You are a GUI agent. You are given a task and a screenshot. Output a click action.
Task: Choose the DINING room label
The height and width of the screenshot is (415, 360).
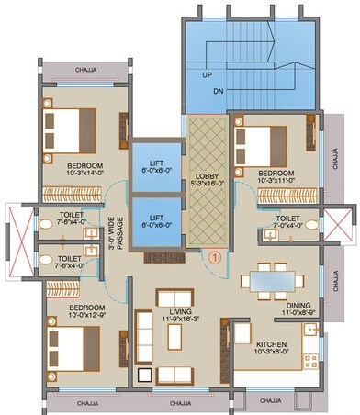296,305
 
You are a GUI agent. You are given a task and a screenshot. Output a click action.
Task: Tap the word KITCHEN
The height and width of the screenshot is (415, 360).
273,342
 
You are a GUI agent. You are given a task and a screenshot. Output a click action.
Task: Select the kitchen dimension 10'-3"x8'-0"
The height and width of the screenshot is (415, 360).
273,352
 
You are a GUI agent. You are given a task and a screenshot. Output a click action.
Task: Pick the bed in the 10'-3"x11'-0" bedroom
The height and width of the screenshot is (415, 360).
260,140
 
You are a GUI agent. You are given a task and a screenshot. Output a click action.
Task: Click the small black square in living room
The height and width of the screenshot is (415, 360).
143,374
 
